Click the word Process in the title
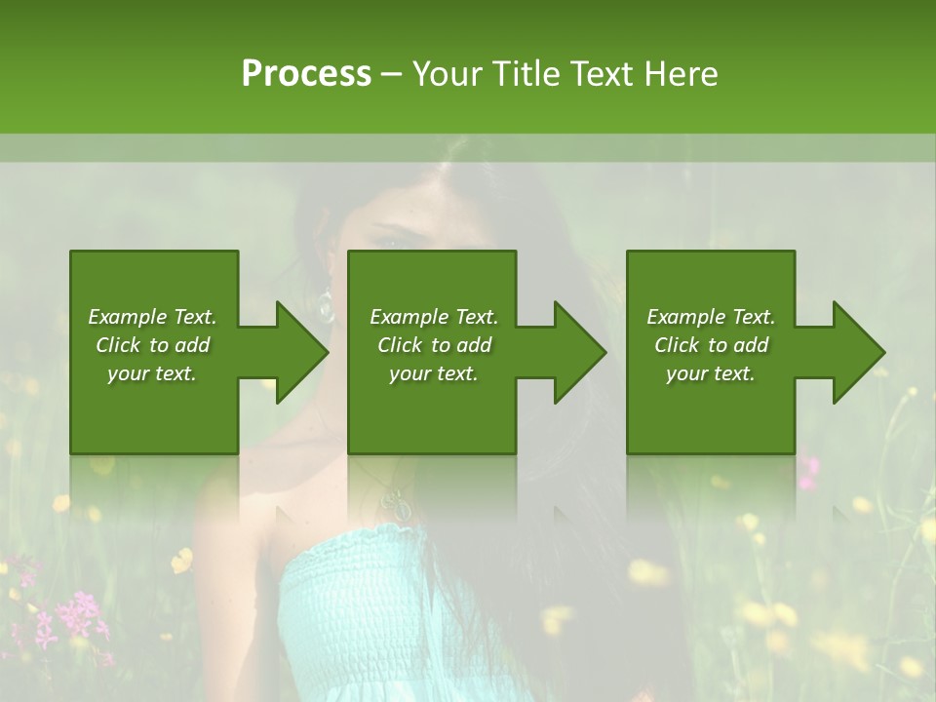click(306, 74)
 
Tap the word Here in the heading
click(682, 74)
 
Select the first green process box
click(154, 409)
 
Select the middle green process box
click(432, 409)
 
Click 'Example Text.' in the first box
click(152, 317)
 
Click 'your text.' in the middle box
click(433, 374)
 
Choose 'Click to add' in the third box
click(711, 345)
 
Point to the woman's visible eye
click(389, 234)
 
